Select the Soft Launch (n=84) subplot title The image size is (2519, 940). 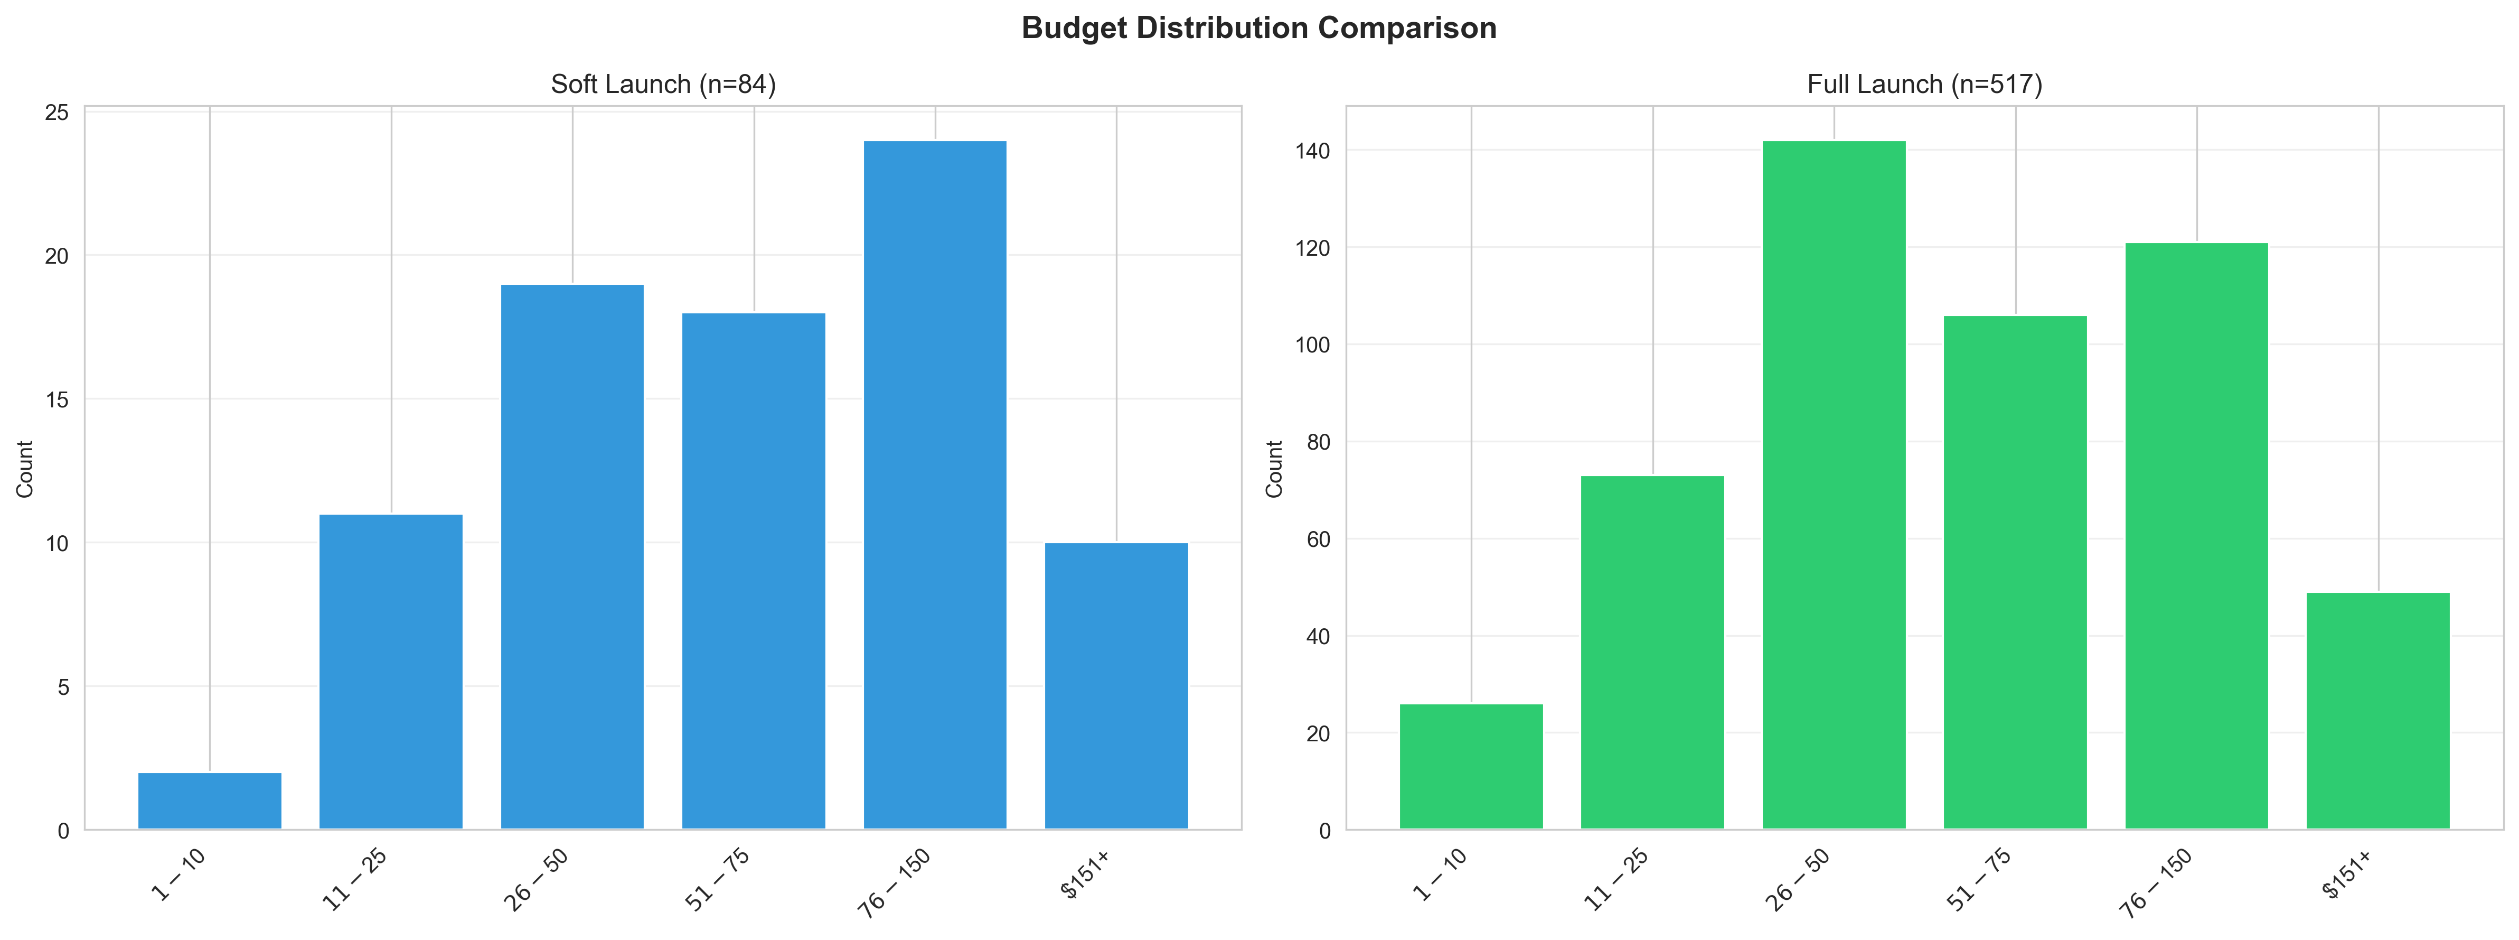663,84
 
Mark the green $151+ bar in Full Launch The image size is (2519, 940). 2377,711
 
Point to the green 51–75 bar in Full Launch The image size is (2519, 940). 2015,572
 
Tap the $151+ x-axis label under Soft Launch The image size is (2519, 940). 1085,874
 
